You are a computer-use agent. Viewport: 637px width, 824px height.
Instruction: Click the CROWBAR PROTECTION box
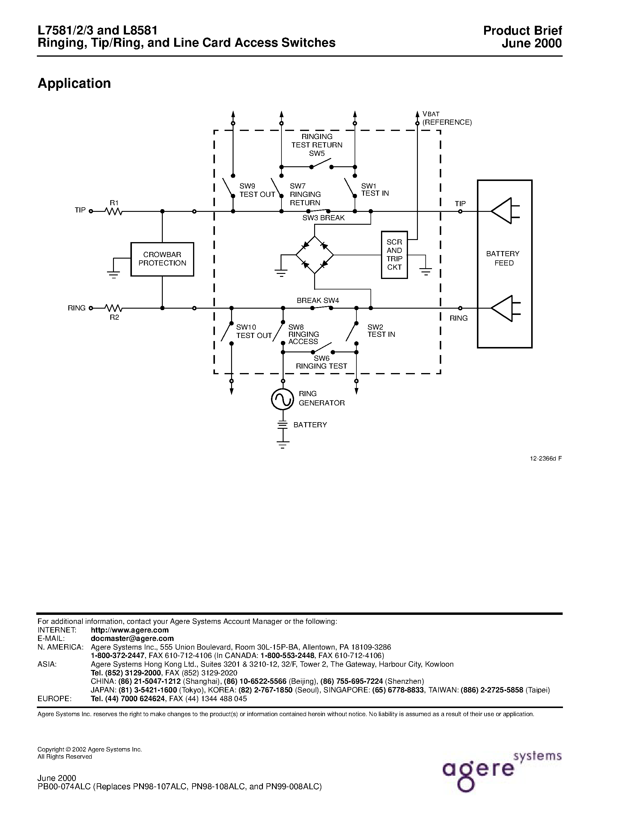click(x=162, y=259)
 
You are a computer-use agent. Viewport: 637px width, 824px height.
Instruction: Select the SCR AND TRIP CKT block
click(x=394, y=255)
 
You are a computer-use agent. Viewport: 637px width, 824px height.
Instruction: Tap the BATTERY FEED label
click(x=503, y=259)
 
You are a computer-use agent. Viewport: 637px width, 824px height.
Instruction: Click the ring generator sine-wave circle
click(x=283, y=399)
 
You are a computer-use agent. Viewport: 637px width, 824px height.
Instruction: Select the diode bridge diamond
click(x=314, y=255)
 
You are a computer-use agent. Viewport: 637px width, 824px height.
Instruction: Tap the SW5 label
click(x=317, y=153)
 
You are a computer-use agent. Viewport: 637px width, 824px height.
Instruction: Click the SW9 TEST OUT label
click(x=257, y=191)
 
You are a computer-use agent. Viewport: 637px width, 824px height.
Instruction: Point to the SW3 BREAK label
click(x=323, y=218)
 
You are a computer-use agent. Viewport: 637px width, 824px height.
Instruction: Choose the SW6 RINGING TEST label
click(x=322, y=362)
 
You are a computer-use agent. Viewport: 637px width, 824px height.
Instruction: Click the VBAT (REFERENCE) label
click(x=446, y=118)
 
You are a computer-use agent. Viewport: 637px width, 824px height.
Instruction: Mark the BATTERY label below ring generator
click(x=310, y=425)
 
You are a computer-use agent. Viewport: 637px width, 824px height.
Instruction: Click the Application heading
click(x=74, y=83)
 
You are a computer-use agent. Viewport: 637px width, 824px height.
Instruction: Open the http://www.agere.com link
click(x=130, y=630)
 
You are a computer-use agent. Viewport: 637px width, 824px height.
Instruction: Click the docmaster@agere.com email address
click(x=132, y=638)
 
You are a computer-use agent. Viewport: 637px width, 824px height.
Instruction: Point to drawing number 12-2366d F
click(x=546, y=459)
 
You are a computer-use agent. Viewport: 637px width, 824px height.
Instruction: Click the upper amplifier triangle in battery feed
click(x=504, y=211)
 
